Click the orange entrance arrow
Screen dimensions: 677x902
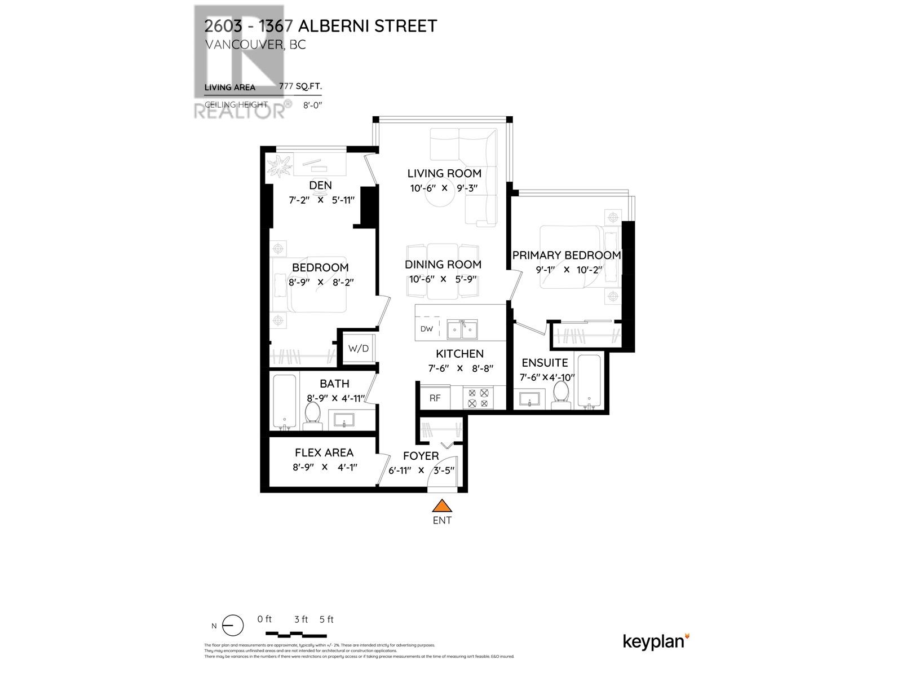tap(442, 505)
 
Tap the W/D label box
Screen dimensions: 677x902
tap(358, 348)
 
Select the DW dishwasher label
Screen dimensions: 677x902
tap(427, 329)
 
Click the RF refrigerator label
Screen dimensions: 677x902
tap(435, 398)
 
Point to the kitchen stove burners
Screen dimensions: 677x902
tap(478, 398)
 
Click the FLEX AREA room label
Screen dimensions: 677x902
tap(324, 452)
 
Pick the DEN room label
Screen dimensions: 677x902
tap(320, 185)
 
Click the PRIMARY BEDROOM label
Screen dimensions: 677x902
tap(567, 255)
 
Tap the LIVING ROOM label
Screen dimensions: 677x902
tap(444, 173)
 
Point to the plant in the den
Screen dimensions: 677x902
tap(280, 168)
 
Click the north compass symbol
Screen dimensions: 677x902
tap(232, 626)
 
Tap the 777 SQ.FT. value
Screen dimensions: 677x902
tap(300, 87)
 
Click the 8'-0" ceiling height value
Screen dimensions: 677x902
tap(312, 105)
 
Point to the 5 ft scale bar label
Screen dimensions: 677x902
tap(326, 619)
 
